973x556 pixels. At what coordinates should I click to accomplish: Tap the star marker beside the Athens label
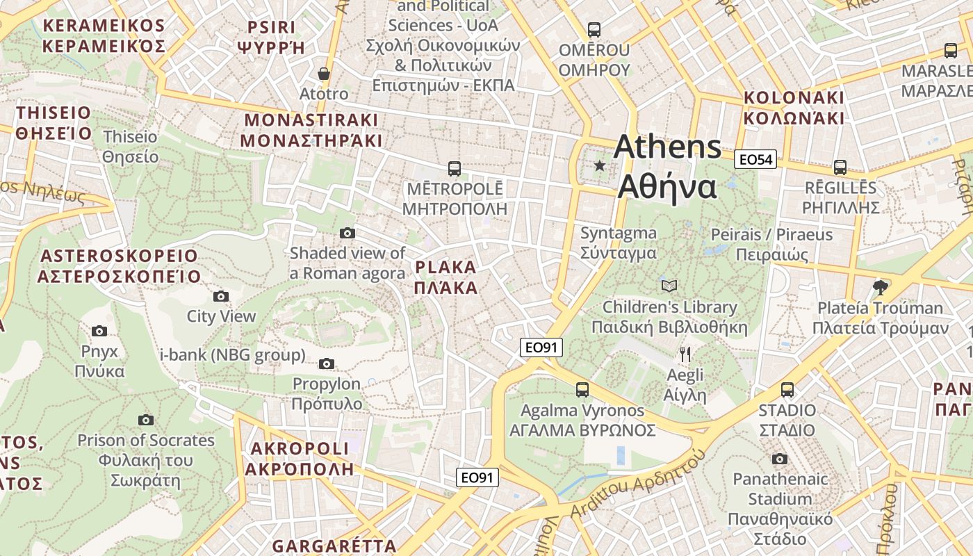(600, 165)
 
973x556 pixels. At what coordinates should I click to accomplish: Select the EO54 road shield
(755, 160)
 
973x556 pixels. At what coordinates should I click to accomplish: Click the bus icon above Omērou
(594, 30)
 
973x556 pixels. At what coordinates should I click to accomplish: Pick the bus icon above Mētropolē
(455, 168)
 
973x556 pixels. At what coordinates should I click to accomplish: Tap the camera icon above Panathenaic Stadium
(780, 459)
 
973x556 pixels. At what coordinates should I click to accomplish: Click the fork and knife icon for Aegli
(685, 354)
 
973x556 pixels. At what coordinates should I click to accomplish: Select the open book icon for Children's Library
(669, 286)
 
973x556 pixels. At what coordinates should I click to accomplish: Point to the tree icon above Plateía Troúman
(880, 287)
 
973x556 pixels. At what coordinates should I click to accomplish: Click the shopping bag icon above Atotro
(324, 73)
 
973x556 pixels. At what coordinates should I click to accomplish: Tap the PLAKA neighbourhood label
(446, 277)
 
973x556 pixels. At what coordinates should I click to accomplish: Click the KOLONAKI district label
(794, 108)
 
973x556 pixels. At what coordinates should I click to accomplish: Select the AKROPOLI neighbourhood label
(299, 458)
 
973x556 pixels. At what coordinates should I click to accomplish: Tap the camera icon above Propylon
(327, 363)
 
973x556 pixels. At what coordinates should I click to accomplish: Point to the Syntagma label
(619, 243)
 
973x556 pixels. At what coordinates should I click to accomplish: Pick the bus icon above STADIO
(787, 390)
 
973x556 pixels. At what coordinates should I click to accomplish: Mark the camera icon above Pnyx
(99, 331)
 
